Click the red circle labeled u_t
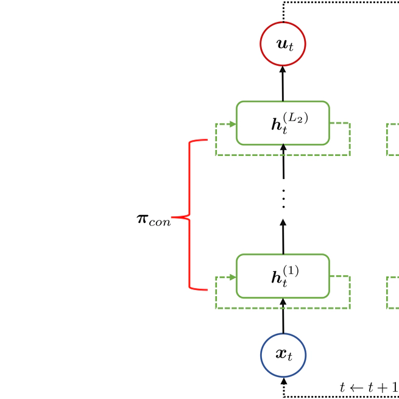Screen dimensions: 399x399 pyautogui.click(x=283, y=44)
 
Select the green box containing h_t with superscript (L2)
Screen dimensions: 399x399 pyautogui.click(x=283, y=123)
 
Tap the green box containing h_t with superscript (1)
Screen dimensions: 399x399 pyautogui.click(x=283, y=276)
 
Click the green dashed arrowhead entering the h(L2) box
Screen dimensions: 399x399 pyautogui.click(x=233, y=124)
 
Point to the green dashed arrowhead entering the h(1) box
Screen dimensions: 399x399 pyautogui.click(x=233, y=277)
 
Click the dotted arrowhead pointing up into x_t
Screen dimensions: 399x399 pyautogui.click(x=283, y=381)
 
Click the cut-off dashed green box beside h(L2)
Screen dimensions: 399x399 pyautogui.click(x=392, y=139)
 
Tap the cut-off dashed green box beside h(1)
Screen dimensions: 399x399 pyautogui.click(x=392, y=292)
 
